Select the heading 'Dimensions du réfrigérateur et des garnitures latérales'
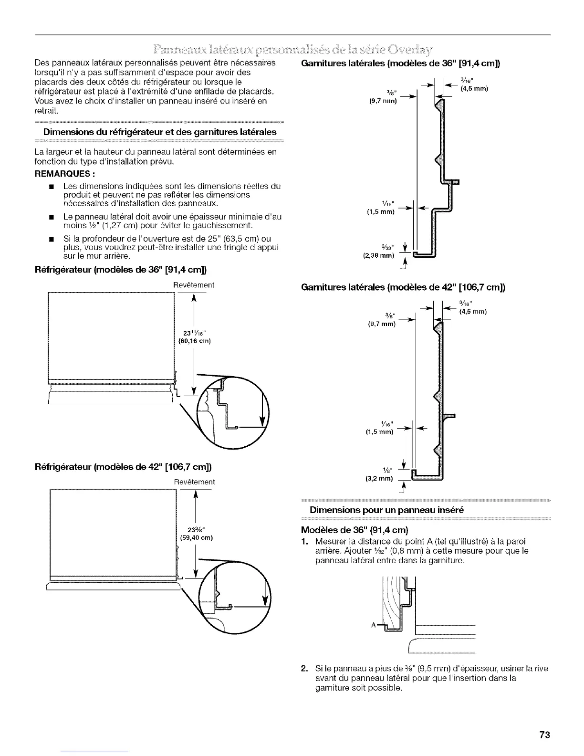tap(160, 132)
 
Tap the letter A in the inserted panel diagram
tap(372, 625)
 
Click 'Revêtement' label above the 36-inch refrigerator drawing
tap(194, 285)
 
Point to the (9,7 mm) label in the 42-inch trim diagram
tap(382, 324)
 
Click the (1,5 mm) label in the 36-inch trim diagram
tap(380, 211)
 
